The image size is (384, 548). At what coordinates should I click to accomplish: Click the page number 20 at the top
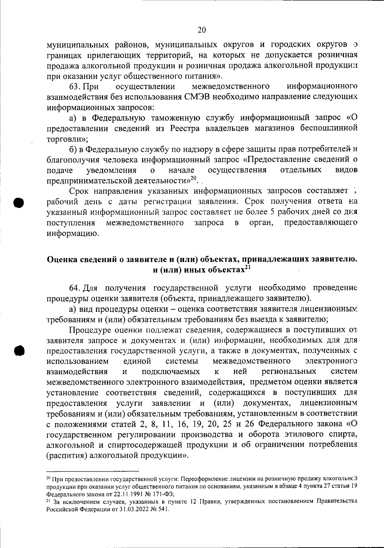tap(202, 30)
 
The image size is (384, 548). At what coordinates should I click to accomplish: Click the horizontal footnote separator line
tap(93, 471)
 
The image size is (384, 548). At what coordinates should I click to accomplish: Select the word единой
tap(137, 361)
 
